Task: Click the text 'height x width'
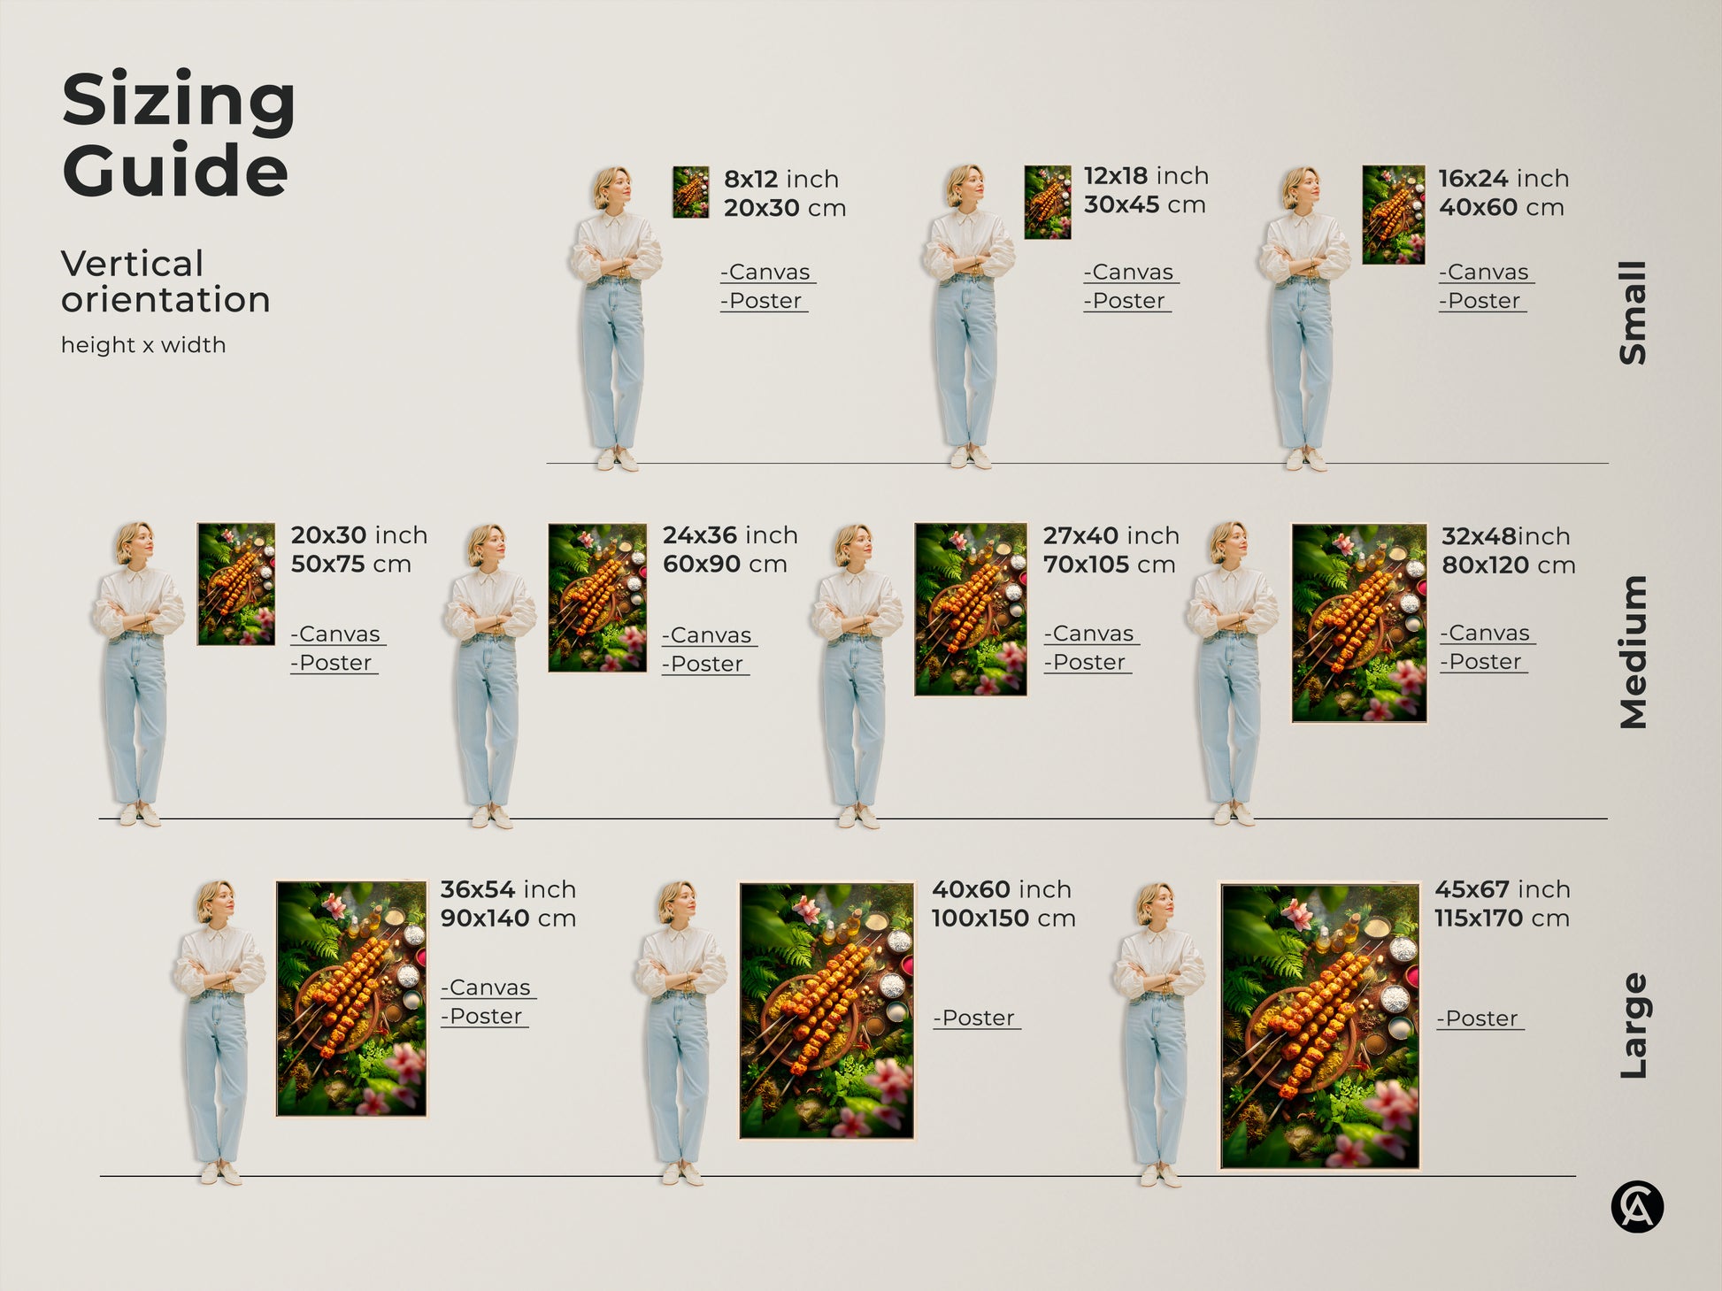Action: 143,345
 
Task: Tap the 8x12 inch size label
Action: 780,179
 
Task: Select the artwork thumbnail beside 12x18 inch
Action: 1048,203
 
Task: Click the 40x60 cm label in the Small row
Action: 1501,208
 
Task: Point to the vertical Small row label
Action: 1633,312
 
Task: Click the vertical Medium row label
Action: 1633,652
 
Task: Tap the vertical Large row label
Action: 1633,1026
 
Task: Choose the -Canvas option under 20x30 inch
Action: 337,634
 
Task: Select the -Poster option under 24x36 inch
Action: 705,665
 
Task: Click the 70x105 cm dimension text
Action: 1109,565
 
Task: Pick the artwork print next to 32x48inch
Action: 1359,623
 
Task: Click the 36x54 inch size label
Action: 508,889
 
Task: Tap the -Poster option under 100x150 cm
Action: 976,1018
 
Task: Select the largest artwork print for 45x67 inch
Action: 1319,1026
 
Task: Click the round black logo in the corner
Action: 1636,1207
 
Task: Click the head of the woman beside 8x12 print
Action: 611,187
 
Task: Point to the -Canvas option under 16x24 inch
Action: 1486,273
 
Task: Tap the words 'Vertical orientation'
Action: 165,281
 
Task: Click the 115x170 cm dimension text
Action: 1502,918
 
